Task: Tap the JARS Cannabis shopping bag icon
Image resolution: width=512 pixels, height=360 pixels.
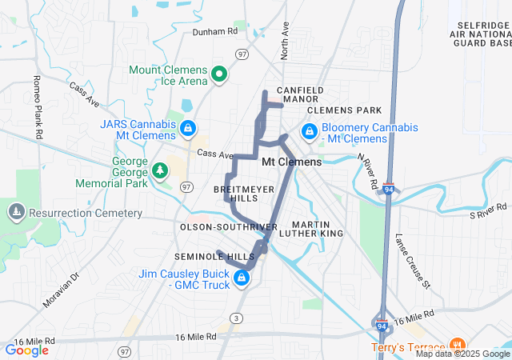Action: coord(187,127)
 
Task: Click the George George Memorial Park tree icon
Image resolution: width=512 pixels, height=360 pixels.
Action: coord(160,170)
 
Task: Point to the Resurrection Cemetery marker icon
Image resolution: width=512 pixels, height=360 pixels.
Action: coord(16,212)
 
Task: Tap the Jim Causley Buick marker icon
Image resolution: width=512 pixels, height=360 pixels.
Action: coord(241,278)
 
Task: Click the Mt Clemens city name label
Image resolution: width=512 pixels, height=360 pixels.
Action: coord(292,162)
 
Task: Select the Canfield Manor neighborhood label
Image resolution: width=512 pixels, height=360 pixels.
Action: coord(300,94)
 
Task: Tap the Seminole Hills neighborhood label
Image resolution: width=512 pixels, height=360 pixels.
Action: coord(214,256)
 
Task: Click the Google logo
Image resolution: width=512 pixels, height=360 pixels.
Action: coord(26,350)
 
